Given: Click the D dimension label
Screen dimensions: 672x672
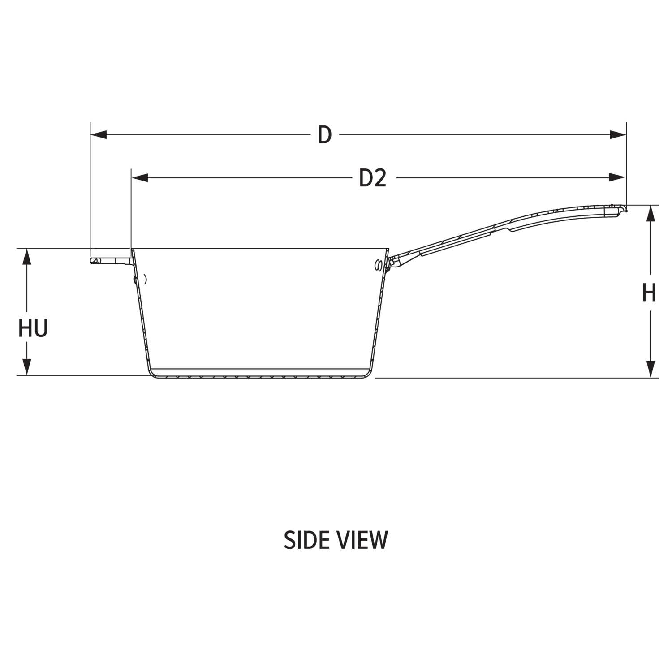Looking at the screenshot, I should [x=325, y=135].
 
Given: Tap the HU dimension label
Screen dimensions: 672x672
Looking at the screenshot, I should [x=33, y=327].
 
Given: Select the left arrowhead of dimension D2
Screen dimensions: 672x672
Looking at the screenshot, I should [x=139, y=178].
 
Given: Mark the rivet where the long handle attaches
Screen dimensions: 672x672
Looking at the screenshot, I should [x=378, y=265].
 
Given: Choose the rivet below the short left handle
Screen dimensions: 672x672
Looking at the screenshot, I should [x=136, y=279].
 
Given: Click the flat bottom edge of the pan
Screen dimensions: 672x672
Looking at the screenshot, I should [x=260, y=377].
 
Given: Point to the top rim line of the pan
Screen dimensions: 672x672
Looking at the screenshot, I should [x=260, y=249].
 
